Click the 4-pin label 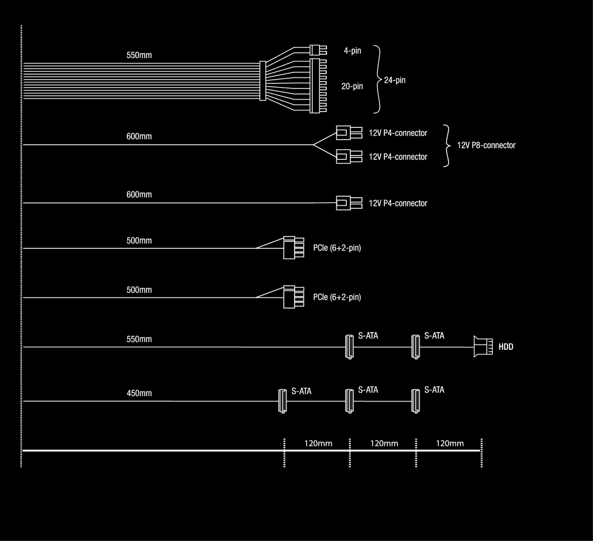tap(352, 50)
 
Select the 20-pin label tap(352, 86)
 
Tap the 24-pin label tap(395, 80)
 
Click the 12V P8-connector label tap(486, 145)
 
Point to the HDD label tap(506, 347)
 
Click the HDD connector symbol tap(482, 346)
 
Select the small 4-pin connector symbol tap(317, 50)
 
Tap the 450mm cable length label tap(139, 393)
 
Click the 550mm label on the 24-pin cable tap(139, 55)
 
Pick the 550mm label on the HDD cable tap(139, 339)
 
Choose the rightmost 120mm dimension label tap(449, 443)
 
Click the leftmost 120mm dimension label tap(318, 443)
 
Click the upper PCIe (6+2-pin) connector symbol tap(293, 248)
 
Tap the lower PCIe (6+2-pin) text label tap(337, 297)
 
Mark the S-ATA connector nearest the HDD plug tap(416, 347)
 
